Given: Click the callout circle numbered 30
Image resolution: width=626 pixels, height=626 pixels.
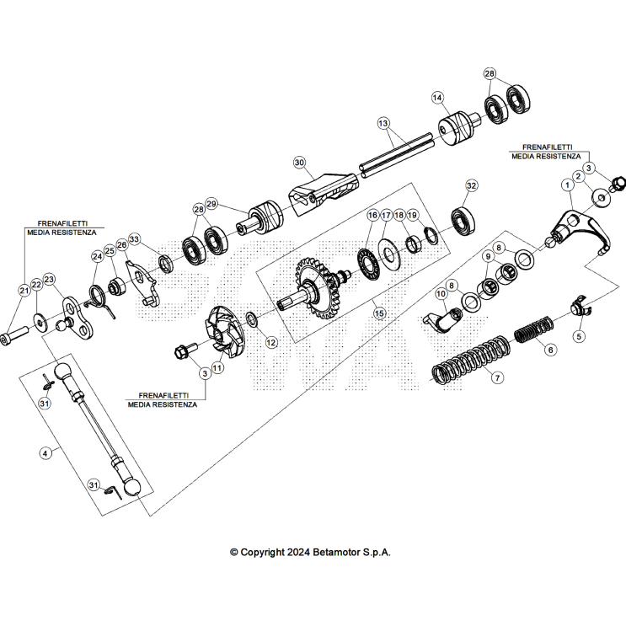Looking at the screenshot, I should [298, 161].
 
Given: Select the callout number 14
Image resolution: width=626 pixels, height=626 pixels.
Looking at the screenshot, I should [436, 98].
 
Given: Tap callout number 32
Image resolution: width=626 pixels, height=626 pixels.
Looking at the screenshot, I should [471, 185].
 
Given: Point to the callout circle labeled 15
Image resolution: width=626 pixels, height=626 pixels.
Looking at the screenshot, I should [379, 313].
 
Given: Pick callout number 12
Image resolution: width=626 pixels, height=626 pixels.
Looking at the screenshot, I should [270, 342].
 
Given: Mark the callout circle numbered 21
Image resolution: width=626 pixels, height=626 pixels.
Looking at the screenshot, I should [24, 291].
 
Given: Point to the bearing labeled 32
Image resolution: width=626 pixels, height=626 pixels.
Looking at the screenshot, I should [462, 220].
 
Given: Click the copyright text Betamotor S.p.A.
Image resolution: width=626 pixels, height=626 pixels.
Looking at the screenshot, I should [310, 553].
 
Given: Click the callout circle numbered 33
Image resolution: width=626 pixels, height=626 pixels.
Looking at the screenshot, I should [134, 239].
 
